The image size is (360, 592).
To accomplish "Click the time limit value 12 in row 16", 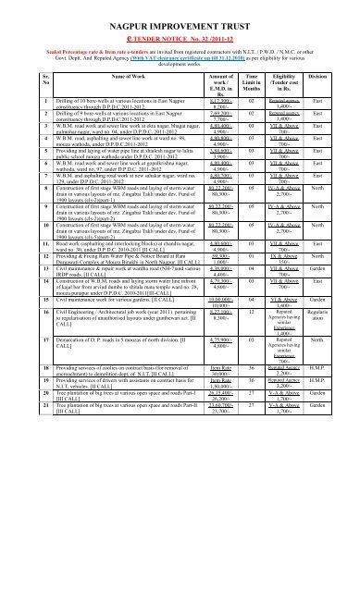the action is click(251, 445).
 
